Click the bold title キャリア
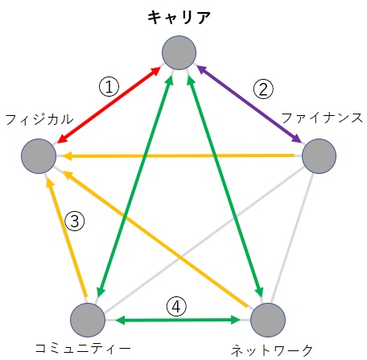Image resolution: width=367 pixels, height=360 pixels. coord(179,18)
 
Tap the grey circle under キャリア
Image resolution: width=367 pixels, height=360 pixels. coord(179,52)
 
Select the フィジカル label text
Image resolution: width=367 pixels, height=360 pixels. coord(39,119)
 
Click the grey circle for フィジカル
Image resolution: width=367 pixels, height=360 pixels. coord(39,156)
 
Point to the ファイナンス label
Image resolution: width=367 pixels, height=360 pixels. coord(322,118)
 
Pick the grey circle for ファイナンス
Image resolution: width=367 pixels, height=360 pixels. coord(319,156)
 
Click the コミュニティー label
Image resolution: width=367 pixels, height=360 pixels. coord(83,348)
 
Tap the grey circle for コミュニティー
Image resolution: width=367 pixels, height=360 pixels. coord(88,320)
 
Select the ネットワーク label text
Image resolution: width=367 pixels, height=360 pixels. coord(272,350)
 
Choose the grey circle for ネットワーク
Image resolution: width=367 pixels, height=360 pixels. coord(268,320)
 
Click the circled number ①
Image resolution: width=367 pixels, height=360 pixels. coord(109,87)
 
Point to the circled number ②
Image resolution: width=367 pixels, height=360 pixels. coord(263,89)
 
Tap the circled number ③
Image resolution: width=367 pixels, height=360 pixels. coord(75,221)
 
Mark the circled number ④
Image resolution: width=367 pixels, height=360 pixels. coord(176,306)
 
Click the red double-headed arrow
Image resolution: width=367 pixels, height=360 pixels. coord(109,105)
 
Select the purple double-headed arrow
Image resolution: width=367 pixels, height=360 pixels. coord(249,104)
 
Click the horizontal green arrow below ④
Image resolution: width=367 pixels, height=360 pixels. coord(178,320)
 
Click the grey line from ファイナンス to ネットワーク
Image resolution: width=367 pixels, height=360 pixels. coord(292,238)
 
